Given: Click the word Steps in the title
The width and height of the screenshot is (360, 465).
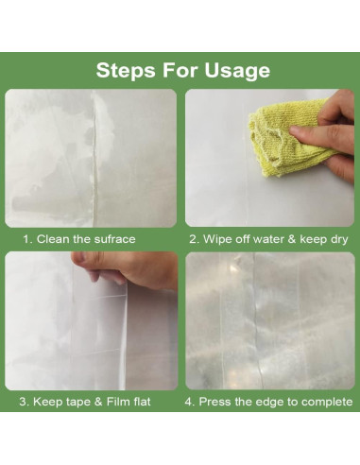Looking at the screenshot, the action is [126, 70].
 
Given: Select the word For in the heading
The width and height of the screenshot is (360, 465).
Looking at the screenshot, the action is [180, 70].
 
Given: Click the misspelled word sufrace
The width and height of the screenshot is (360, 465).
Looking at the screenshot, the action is [114, 239].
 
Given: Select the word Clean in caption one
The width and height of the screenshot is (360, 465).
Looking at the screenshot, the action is [53, 239].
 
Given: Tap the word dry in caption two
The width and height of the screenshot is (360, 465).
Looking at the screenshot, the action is [339, 240].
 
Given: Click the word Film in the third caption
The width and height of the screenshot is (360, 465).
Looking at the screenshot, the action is [117, 402].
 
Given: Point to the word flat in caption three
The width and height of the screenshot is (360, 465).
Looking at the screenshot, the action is [141, 402].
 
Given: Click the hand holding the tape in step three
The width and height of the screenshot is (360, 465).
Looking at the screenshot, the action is [126, 269].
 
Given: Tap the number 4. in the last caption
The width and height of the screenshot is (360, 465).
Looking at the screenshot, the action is [190, 402].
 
